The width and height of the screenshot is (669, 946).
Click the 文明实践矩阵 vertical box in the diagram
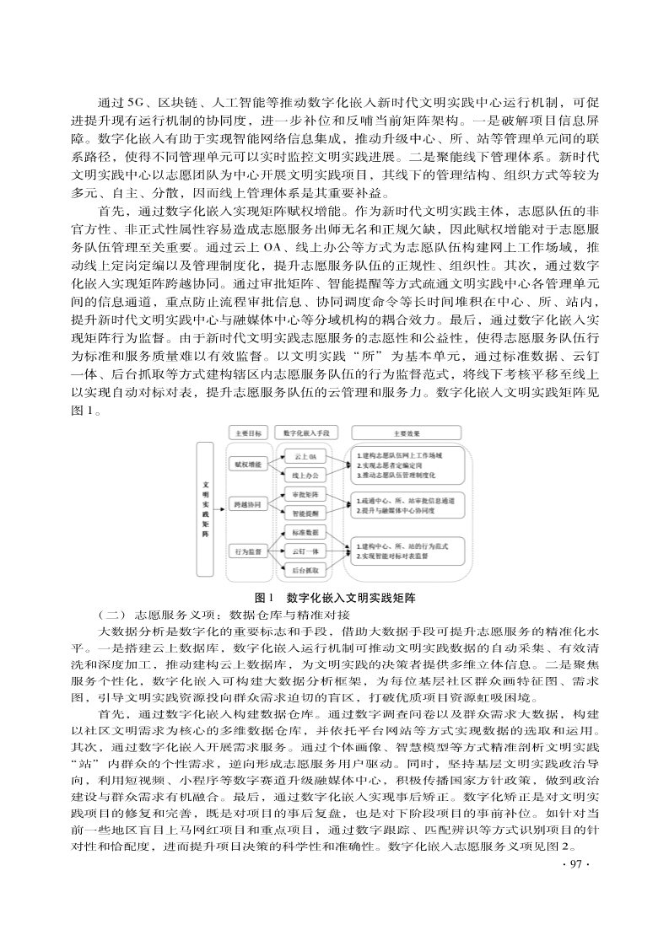pyautogui.click(x=206, y=509)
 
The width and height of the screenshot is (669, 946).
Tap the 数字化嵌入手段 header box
pyautogui.click(x=305, y=433)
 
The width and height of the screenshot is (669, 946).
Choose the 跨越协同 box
pyautogui.click(x=248, y=504)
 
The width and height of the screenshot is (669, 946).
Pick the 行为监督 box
pyautogui.click(x=248, y=551)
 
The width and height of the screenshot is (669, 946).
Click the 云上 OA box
pyautogui.click(x=305, y=456)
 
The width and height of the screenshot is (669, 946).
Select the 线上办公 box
pyautogui.click(x=305, y=476)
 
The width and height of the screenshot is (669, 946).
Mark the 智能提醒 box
pyautogui.click(x=305, y=513)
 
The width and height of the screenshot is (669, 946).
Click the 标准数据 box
pyautogui.click(x=305, y=533)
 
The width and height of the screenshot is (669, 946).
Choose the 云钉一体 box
pyautogui.click(x=305, y=551)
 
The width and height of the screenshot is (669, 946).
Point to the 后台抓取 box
pyautogui.click(x=305, y=571)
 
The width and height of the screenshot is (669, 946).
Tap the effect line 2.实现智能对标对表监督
pyautogui.click(x=397, y=557)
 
